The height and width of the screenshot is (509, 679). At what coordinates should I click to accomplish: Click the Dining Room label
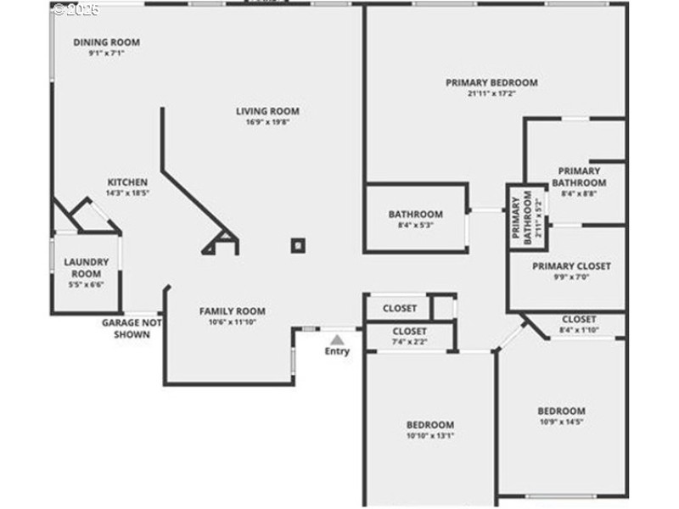[x=106, y=42]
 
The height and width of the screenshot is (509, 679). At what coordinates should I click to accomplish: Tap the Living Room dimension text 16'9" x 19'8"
[x=267, y=122]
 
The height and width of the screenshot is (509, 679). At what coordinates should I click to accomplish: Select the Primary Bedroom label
[x=491, y=82]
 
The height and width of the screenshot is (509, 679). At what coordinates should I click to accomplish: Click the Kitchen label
[x=127, y=182]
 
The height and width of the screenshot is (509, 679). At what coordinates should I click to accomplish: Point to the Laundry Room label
[x=86, y=268]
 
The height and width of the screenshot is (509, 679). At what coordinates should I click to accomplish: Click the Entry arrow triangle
[x=337, y=339]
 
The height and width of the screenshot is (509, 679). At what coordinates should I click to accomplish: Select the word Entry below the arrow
[x=337, y=351]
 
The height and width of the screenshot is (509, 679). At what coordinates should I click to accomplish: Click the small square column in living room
[x=297, y=245]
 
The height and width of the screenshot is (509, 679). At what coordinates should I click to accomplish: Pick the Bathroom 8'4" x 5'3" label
[x=415, y=215]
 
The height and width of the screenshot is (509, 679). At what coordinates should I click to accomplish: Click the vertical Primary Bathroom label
[x=525, y=219]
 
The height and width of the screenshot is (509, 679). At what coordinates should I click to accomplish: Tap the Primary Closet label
[x=571, y=266]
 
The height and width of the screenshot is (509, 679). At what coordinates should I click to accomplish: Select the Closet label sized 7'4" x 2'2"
[x=409, y=331]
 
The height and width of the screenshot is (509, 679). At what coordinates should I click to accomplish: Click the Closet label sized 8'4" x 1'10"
[x=579, y=319]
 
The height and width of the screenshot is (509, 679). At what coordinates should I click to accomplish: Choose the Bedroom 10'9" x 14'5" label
[x=561, y=411]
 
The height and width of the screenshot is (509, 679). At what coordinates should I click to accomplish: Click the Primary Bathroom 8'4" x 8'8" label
[x=579, y=176]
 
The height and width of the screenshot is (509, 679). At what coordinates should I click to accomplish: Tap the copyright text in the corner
[x=76, y=9]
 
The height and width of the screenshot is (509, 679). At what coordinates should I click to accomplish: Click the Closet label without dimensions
[x=399, y=308]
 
